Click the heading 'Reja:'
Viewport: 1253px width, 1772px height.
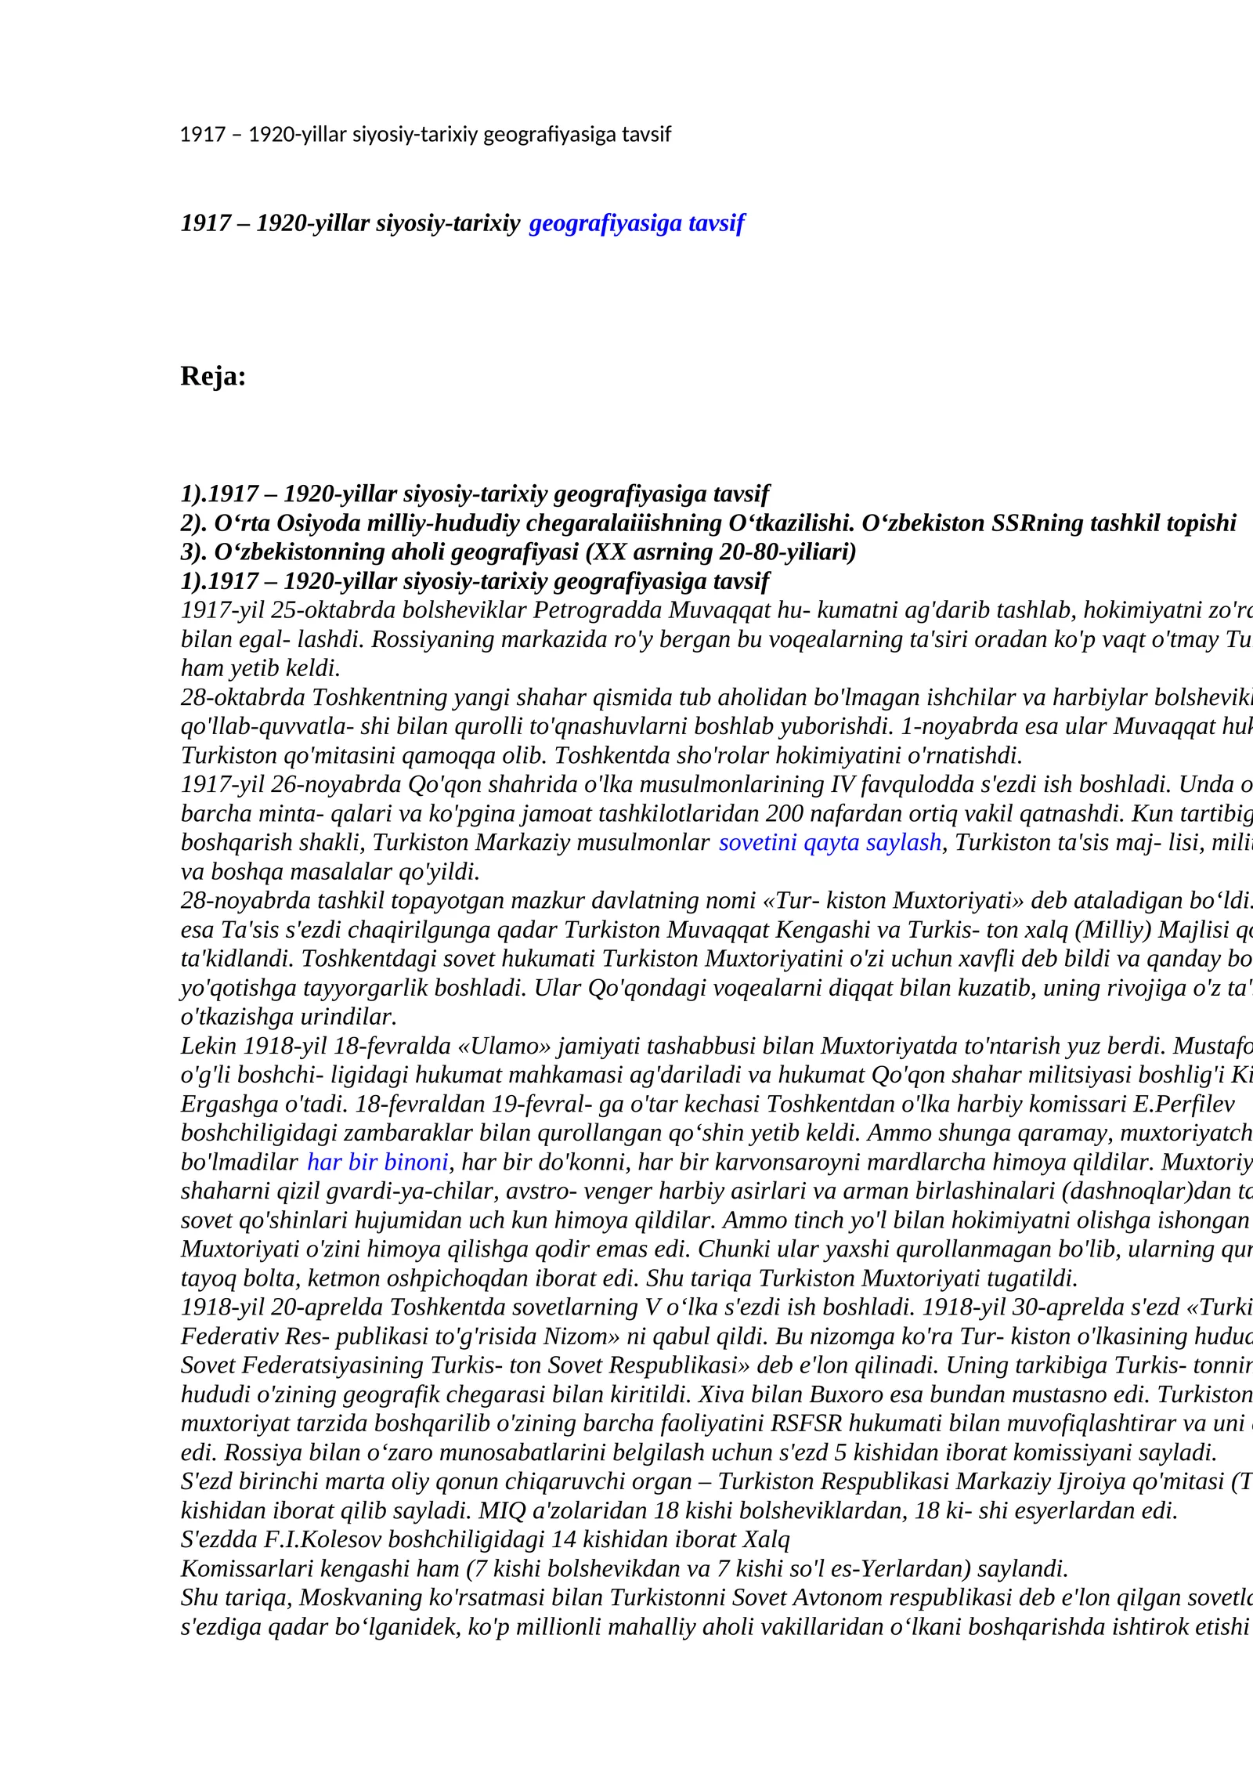tap(213, 377)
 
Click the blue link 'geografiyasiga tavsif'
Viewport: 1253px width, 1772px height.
tap(637, 224)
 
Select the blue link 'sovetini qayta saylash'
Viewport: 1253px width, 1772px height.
tap(830, 843)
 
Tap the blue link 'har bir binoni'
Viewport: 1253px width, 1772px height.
tap(377, 1163)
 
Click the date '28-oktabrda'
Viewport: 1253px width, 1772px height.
tap(244, 697)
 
